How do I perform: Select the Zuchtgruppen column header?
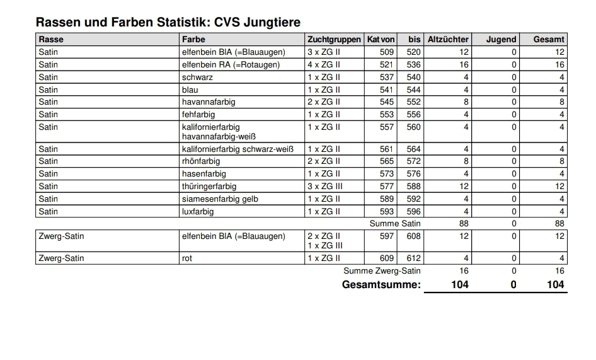pos(334,40)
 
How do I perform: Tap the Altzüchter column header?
pos(448,40)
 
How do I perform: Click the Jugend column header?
pos(501,40)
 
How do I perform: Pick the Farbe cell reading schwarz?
pos(197,77)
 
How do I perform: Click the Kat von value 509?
pos(387,52)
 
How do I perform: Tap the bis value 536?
pos(413,64)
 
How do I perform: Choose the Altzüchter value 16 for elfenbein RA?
pos(464,64)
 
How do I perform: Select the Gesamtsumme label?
pos(381,285)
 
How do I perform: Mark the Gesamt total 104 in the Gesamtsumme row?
pos(555,285)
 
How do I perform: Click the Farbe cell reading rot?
pos(187,258)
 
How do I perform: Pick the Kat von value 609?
pos(387,258)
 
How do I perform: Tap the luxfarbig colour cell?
pos(198,211)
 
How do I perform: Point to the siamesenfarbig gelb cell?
pos(220,199)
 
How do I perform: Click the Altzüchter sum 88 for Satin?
pos(464,223)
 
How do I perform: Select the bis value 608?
pos(413,236)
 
